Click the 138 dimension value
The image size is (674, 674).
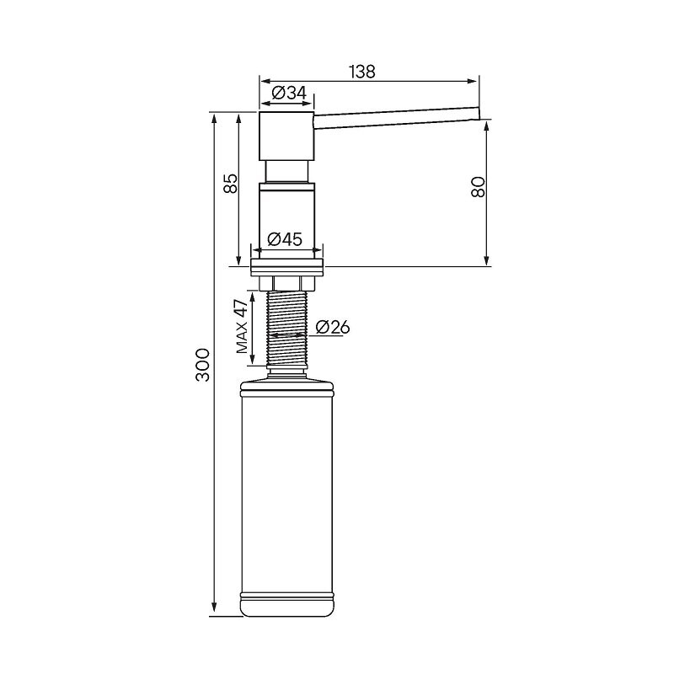pos(362,72)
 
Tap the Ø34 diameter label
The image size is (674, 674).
pos(289,93)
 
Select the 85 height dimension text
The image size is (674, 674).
pos(231,184)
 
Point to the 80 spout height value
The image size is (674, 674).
pos(478,187)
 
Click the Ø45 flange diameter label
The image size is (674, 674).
pos(285,239)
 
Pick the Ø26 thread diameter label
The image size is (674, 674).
pos(332,328)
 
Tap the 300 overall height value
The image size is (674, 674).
pos(202,365)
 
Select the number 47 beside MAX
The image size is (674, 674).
pos(242,309)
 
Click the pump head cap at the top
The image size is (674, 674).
pos(286,136)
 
